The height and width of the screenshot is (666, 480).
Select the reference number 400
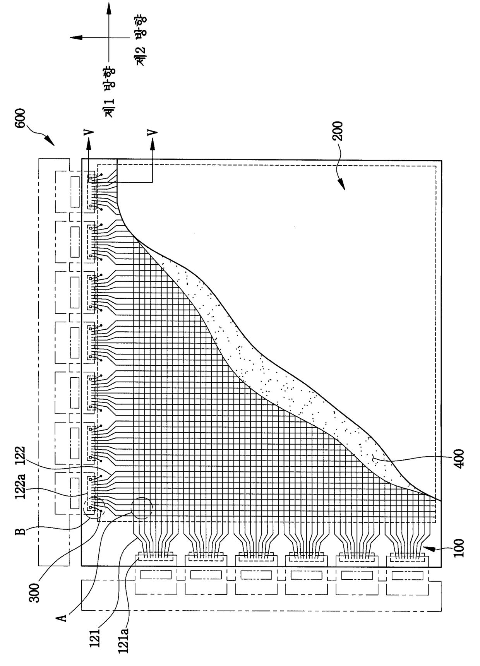click(460, 459)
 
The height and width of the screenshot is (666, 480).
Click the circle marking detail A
click(142, 508)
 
